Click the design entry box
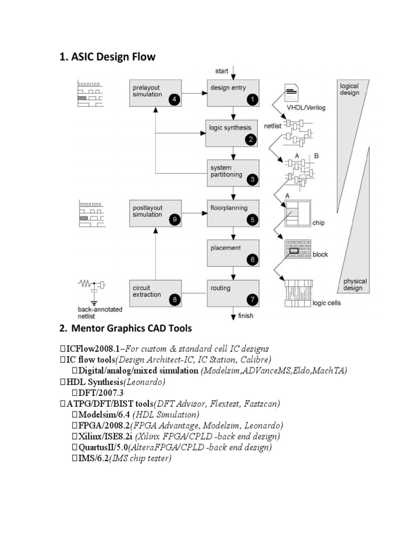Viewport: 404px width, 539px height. (x=233, y=93)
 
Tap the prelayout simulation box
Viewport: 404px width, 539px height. (x=155, y=93)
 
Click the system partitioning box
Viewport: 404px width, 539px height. (x=233, y=173)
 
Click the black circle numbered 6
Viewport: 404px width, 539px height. (x=252, y=259)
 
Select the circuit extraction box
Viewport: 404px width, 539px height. (x=155, y=293)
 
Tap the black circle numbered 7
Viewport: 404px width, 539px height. (x=252, y=300)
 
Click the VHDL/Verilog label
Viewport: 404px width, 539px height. (x=306, y=108)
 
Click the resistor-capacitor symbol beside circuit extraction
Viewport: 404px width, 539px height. (x=92, y=285)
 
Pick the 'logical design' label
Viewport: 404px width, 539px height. (x=350, y=89)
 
